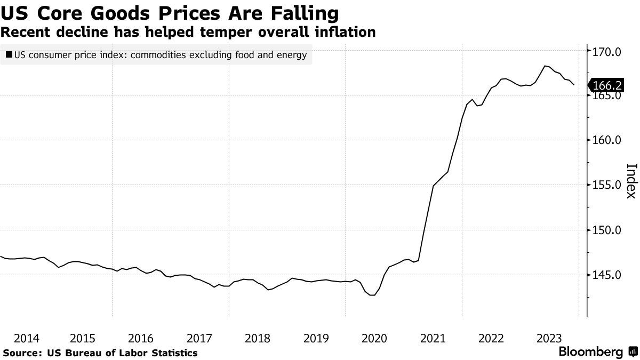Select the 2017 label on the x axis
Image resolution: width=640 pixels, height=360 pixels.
point(199,338)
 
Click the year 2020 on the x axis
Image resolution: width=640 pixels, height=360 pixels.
point(374,338)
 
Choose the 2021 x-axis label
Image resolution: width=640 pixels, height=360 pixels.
point(433,338)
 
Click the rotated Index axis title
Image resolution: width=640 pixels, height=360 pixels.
point(630,180)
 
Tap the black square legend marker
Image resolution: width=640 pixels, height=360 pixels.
point(9,55)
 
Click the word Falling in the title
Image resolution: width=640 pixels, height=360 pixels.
point(298,12)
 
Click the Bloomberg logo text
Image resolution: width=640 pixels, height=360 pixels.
point(590,352)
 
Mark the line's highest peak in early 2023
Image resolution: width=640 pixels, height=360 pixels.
point(545,66)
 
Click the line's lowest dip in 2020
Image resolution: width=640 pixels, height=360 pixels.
point(373,295)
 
